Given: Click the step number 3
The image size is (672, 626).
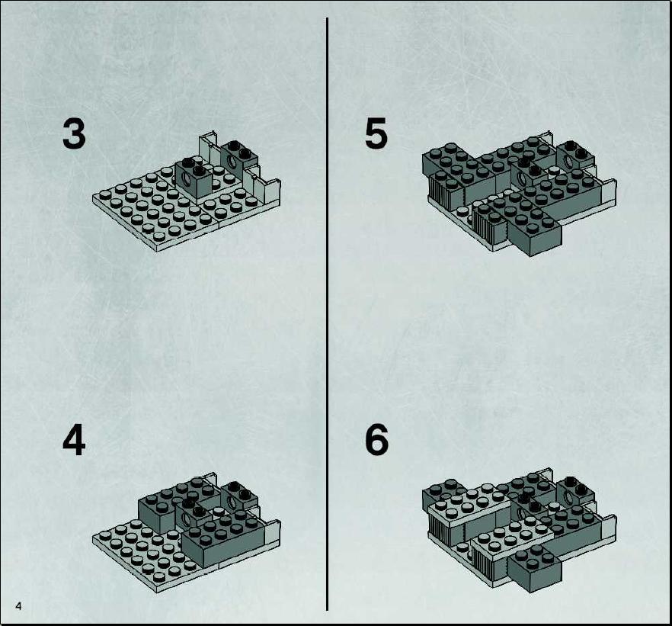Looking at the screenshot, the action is (x=74, y=133).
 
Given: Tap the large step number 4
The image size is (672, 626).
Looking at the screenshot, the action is (x=74, y=441).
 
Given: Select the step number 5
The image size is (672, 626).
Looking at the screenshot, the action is (x=376, y=133).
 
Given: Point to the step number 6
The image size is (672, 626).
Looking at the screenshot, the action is (x=376, y=441).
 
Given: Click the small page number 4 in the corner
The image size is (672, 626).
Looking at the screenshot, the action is (x=18, y=606).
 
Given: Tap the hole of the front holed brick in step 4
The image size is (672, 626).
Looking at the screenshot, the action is (x=187, y=520).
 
